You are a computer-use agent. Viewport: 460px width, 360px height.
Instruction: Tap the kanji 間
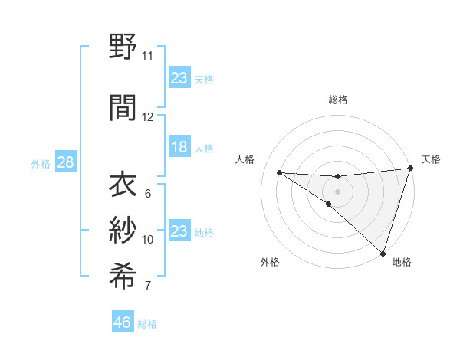(x=123, y=107)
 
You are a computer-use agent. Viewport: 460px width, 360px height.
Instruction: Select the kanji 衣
(x=123, y=185)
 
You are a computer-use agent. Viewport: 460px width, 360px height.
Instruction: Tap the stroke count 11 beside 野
(x=147, y=56)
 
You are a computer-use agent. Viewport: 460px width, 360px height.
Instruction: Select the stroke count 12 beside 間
(x=147, y=117)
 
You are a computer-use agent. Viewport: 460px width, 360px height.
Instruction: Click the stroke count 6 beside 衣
(x=147, y=194)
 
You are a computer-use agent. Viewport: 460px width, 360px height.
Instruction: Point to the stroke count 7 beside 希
(x=147, y=286)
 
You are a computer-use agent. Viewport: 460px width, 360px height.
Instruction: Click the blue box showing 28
(x=65, y=162)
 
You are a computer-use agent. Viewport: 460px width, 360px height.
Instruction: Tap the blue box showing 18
(x=179, y=148)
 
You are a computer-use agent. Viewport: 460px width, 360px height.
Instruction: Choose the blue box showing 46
(x=123, y=322)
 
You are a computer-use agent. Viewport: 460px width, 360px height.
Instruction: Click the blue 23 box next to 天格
(x=179, y=78)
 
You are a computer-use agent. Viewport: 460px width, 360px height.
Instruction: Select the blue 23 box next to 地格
(x=179, y=231)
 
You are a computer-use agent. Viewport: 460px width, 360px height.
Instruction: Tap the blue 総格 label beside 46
(x=147, y=324)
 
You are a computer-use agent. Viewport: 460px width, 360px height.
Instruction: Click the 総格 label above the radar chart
(x=337, y=100)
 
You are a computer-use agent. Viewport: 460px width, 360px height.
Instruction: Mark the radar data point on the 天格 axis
(x=410, y=169)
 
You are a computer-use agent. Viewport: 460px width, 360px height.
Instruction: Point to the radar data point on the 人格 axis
(x=279, y=172)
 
